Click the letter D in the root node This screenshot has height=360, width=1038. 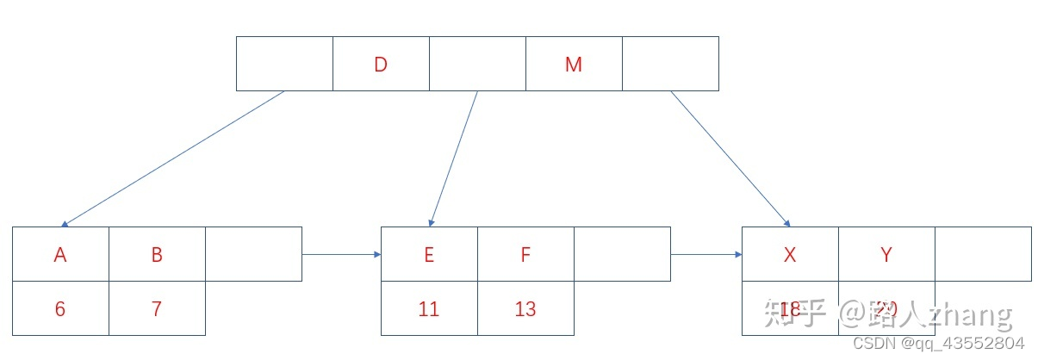(381, 64)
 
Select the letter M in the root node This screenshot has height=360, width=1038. (574, 64)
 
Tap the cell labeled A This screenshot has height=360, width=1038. (60, 254)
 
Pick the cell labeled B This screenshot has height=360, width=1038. (157, 254)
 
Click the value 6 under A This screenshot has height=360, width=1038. (60, 308)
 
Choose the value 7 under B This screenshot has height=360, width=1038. (157, 308)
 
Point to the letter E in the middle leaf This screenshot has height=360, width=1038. (429, 254)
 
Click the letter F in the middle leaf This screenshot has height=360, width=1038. (525, 254)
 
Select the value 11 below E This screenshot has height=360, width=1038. (429, 308)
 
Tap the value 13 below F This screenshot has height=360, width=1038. (525, 308)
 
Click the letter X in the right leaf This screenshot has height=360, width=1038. (789, 254)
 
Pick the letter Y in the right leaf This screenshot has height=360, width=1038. (886, 254)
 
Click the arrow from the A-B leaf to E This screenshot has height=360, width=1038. (341, 254)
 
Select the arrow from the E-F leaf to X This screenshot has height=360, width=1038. (705, 254)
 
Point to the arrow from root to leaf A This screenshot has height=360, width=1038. (172, 158)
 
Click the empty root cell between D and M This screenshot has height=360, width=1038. (477, 64)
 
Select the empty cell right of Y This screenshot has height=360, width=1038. (982, 254)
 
